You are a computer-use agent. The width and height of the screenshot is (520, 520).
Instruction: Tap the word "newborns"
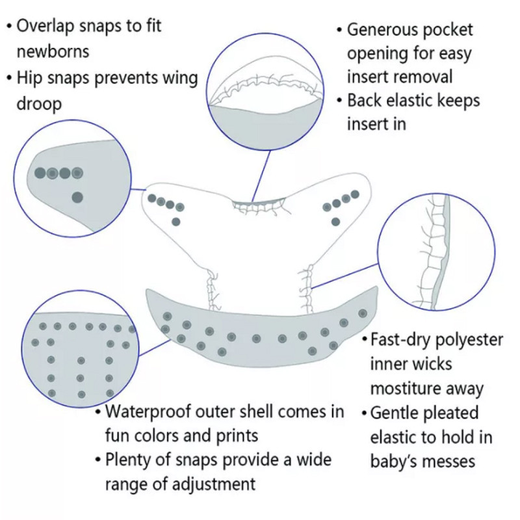click(53, 52)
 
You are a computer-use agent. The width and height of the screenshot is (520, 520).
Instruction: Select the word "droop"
click(39, 104)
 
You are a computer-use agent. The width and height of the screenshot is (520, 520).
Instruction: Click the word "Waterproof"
click(148, 412)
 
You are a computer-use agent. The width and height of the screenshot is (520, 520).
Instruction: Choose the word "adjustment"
click(214, 484)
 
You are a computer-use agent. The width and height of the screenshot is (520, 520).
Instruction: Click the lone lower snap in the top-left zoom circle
click(77, 198)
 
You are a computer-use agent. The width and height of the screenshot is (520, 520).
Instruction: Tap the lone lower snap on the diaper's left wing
click(176, 222)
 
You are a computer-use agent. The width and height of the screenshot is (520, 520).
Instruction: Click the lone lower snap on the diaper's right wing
click(335, 221)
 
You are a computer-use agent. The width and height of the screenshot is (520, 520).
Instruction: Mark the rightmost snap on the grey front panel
click(363, 313)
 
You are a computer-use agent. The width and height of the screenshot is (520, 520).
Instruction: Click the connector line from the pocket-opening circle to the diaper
click(261, 176)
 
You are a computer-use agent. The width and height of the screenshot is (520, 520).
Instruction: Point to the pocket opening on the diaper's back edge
click(258, 201)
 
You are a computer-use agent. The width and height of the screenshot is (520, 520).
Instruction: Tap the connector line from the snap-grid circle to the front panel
click(154, 348)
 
